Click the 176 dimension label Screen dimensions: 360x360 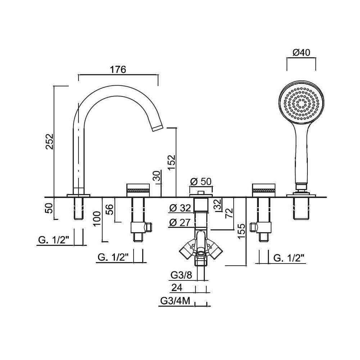tap(118, 70)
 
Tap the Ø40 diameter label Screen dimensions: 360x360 tap(301, 52)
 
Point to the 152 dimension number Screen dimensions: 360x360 tap(171, 162)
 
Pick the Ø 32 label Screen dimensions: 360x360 tap(180, 208)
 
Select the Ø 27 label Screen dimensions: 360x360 tap(180, 223)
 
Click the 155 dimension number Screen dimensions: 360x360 tap(242, 231)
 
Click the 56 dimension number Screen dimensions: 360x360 tap(110, 209)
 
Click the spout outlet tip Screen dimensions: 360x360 tap(157, 128)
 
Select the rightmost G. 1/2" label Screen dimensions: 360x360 tap(289, 257)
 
